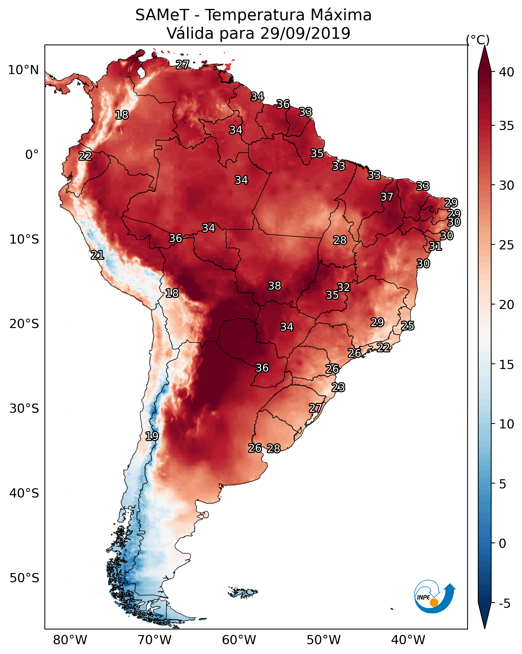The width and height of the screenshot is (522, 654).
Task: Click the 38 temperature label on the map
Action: tap(275, 286)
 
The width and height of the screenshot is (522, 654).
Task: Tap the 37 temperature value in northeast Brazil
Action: tap(387, 197)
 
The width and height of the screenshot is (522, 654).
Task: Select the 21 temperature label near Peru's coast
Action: tap(97, 255)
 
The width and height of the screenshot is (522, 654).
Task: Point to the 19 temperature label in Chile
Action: tap(152, 436)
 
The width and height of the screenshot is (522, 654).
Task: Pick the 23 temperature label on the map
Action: tap(338, 387)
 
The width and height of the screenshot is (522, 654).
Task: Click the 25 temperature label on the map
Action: tap(408, 326)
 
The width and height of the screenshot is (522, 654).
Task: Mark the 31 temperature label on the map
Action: tap(435, 246)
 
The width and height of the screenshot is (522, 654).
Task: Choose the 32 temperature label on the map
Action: tap(343, 287)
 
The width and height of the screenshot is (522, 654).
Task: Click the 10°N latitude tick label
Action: tap(23, 70)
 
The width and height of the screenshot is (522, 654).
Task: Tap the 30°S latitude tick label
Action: tap(24, 409)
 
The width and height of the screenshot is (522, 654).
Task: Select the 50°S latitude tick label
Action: tap(24, 578)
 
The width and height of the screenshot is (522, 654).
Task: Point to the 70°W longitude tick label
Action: tap(155, 640)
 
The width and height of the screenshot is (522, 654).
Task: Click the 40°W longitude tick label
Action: tap(408, 640)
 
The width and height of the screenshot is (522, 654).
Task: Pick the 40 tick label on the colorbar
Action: tap(507, 72)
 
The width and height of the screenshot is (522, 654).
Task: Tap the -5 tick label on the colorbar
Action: tap(505, 604)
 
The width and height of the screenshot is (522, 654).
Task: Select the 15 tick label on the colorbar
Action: tap(507, 365)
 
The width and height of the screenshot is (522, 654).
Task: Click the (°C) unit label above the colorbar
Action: tap(478, 40)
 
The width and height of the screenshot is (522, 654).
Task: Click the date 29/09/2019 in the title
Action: tap(305, 33)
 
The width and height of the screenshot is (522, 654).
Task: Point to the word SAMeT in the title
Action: tap(162, 15)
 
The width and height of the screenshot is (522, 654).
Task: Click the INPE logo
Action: tap(434, 597)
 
